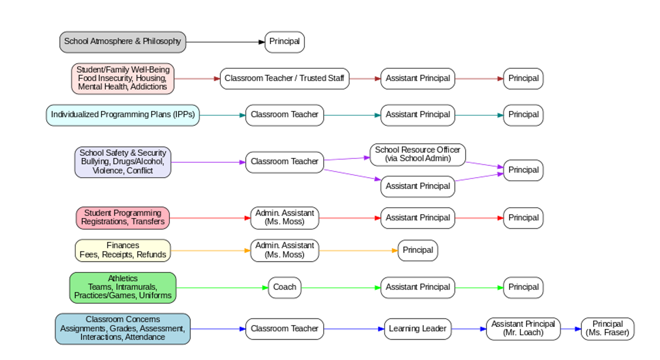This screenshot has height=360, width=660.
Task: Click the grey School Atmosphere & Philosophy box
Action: (123, 42)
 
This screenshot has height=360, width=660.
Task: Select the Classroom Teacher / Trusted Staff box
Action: (284, 79)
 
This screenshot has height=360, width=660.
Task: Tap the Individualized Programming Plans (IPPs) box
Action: (123, 115)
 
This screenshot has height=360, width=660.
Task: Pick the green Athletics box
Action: (123, 288)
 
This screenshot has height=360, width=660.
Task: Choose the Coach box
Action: (284, 287)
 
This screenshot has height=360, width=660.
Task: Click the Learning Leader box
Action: (417, 329)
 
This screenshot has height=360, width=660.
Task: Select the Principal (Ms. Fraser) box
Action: (607, 329)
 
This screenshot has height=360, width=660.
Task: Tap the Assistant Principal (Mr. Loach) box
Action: (523, 329)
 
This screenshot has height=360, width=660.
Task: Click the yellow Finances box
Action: (123, 251)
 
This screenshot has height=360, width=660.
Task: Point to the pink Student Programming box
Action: (123, 218)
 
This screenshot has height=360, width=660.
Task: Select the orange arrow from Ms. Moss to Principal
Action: (358, 251)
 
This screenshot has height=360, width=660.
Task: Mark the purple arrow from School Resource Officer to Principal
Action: (484, 165)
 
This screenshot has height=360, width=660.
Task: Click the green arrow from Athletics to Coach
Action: (222, 288)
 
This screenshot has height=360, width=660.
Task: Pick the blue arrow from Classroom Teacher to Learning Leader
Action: (354, 329)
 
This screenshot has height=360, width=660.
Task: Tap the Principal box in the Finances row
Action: (417, 251)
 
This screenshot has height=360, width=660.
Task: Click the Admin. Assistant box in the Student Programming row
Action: (284, 218)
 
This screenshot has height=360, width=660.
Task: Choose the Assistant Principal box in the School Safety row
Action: (417, 186)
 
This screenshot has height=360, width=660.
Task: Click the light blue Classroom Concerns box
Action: (123, 329)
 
